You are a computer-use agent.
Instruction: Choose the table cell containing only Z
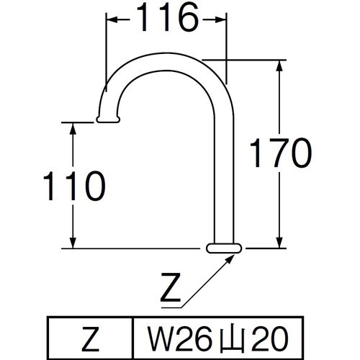click(91, 336)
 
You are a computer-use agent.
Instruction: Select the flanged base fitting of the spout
click(224, 248)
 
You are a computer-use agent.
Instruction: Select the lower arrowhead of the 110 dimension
click(73, 244)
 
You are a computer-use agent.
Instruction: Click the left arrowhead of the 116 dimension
click(112, 20)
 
